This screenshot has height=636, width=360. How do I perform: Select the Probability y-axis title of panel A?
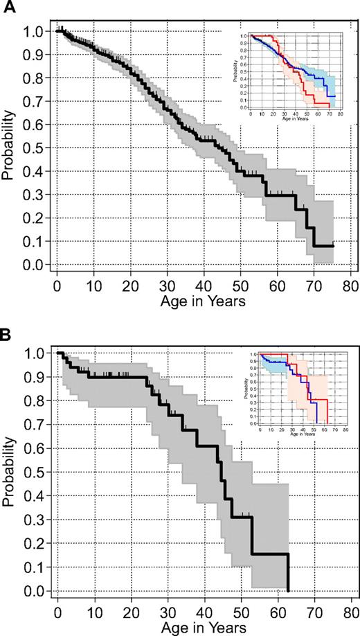9,147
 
